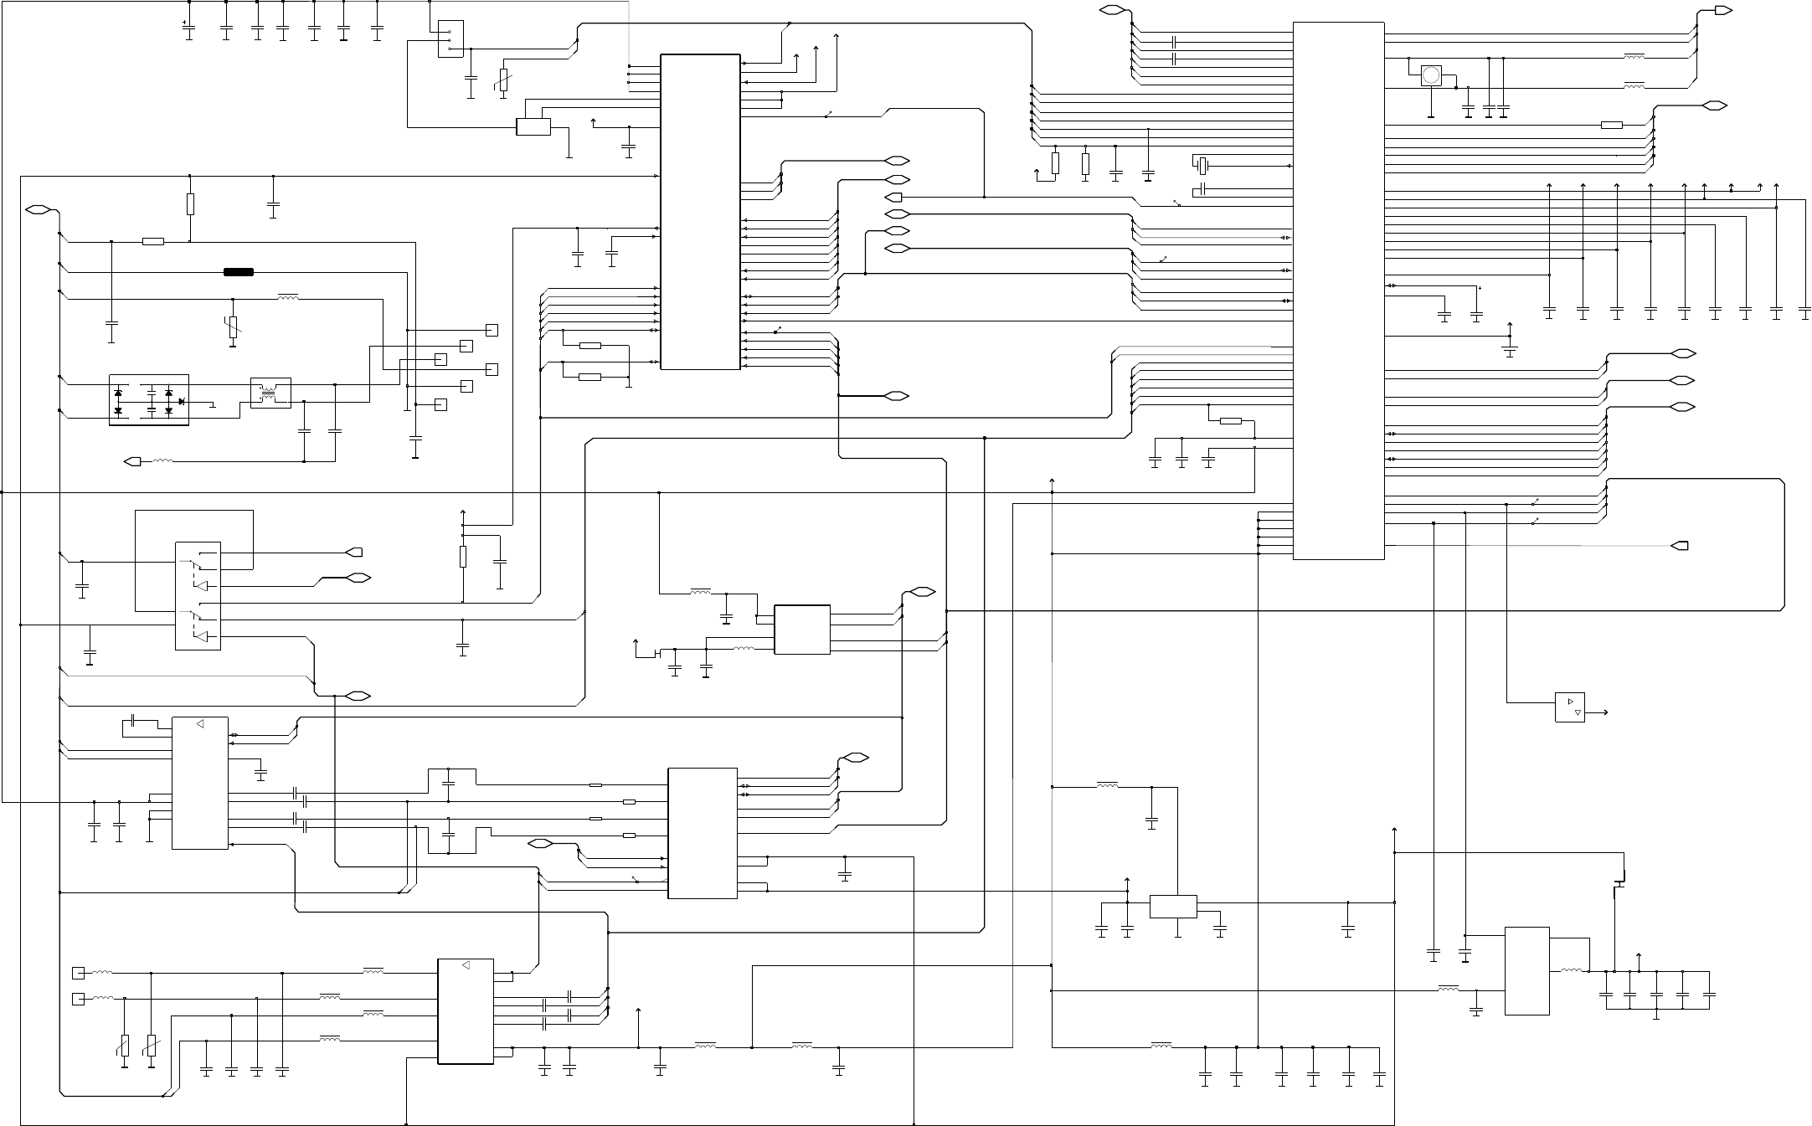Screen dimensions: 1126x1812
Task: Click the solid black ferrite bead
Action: [x=239, y=272]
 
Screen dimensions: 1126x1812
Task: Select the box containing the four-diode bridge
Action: [x=149, y=400]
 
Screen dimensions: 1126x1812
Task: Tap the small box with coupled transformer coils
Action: [x=270, y=393]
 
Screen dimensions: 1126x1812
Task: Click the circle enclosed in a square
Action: [x=1432, y=76]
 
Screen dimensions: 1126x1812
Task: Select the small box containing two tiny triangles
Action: [x=1569, y=707]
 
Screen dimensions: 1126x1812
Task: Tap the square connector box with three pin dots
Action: [x=450, y=39]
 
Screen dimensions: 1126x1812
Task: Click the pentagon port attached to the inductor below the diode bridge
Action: [x=132, y=460]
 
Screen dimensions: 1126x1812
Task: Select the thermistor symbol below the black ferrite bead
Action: [x=233, y=326]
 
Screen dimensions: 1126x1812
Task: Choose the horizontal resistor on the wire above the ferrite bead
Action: [x=152, y=242]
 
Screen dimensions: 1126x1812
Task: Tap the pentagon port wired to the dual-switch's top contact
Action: [x=354, y=553]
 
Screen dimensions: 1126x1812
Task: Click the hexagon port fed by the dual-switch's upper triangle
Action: [x=359, y=578]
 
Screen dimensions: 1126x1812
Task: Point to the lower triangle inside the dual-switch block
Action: [x=201, y=636]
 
